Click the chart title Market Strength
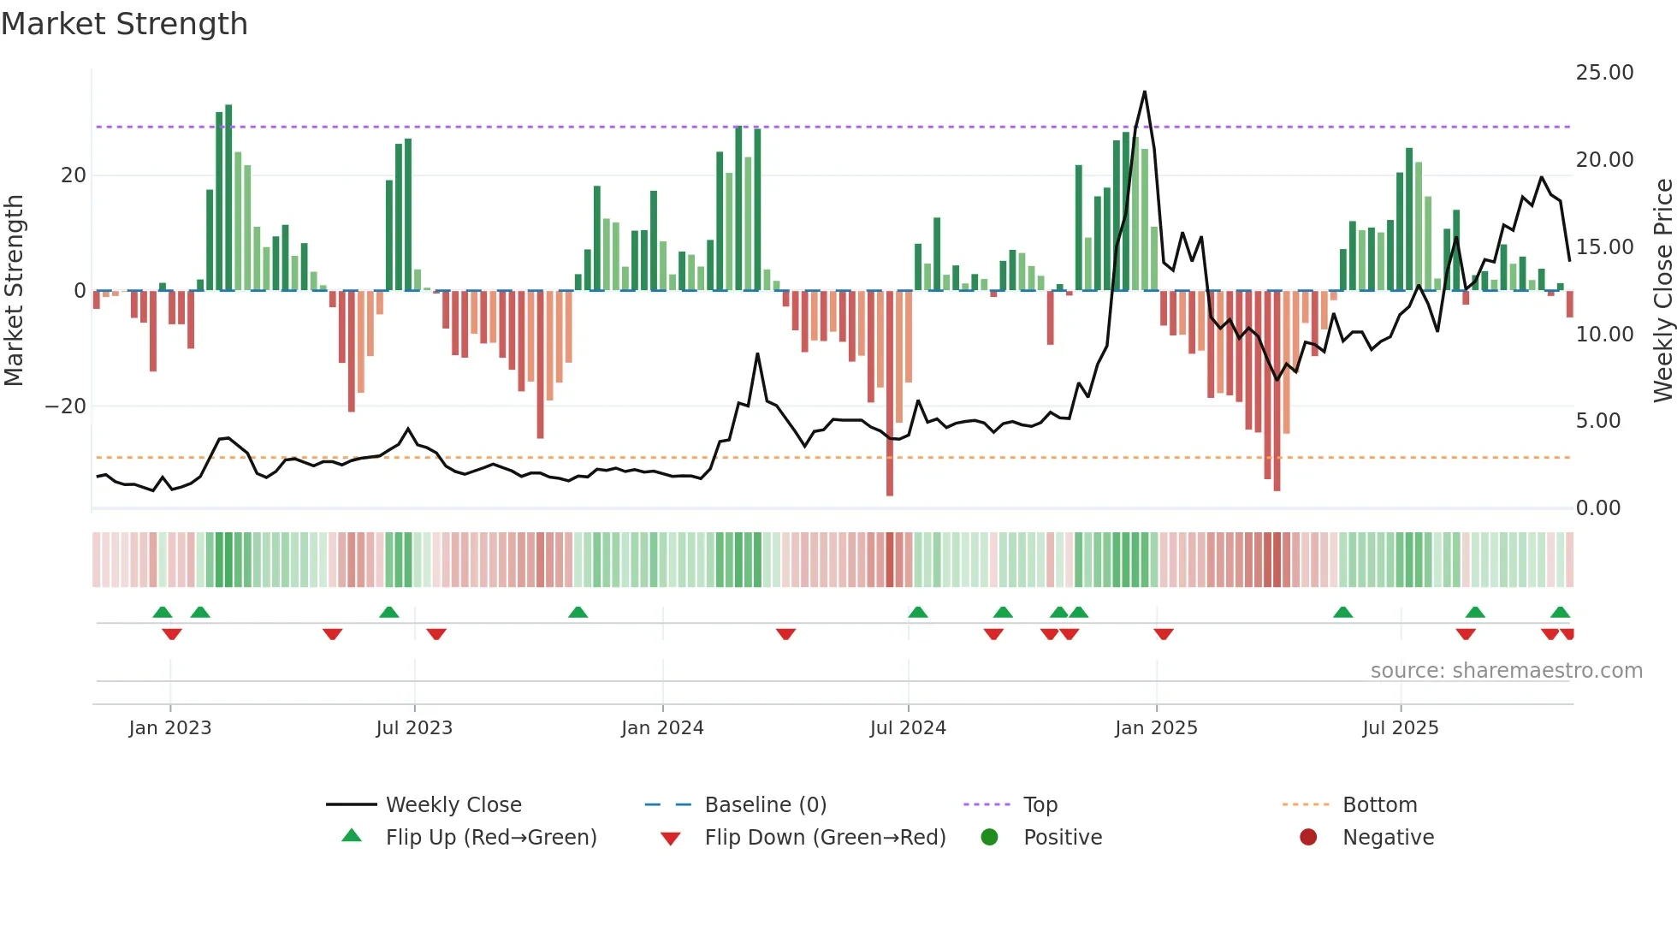pos(124,24)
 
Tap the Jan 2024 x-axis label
pos(662,728)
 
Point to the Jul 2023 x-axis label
pos(414,728)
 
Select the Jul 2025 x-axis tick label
pos(1400,728)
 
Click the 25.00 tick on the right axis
pos(1604,73)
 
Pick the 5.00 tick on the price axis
pos(1597,421)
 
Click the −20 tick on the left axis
pos(66,406)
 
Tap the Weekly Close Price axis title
pos(1662,291)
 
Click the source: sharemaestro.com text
pos(1506,671)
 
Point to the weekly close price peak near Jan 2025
pos(1144,92)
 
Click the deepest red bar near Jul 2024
pos(890,394)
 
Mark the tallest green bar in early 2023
pos(228,197)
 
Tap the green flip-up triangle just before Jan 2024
pos(578,612)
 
